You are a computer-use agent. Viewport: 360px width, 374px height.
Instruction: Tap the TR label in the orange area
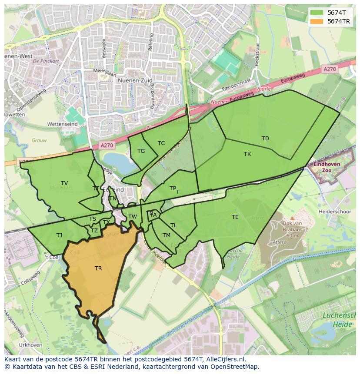[x=98, y=268]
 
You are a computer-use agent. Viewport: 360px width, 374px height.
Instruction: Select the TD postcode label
[x=265, y=139]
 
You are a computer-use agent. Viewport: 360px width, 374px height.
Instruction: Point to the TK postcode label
[x=247, y=154]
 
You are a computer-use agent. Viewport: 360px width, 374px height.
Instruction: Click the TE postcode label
[x=235, y=217]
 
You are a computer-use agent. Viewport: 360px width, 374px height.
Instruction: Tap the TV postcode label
[x=64, y=183]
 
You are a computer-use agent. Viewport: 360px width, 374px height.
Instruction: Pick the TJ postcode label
[x=59, y=235]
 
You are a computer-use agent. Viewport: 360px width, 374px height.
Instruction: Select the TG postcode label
[x=141, y=151]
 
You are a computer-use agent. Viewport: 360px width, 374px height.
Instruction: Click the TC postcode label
[x=161, y=143]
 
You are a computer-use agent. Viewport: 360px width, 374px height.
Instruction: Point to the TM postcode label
[x=167, y=235]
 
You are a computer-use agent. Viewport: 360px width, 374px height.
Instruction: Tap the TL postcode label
[x=173, y=225]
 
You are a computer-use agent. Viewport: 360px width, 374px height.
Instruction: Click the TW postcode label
[x=133, y=217]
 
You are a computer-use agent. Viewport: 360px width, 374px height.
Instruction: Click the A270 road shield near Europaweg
[x=330, y=69]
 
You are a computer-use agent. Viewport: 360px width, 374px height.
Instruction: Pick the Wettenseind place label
[x=62, y=124]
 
